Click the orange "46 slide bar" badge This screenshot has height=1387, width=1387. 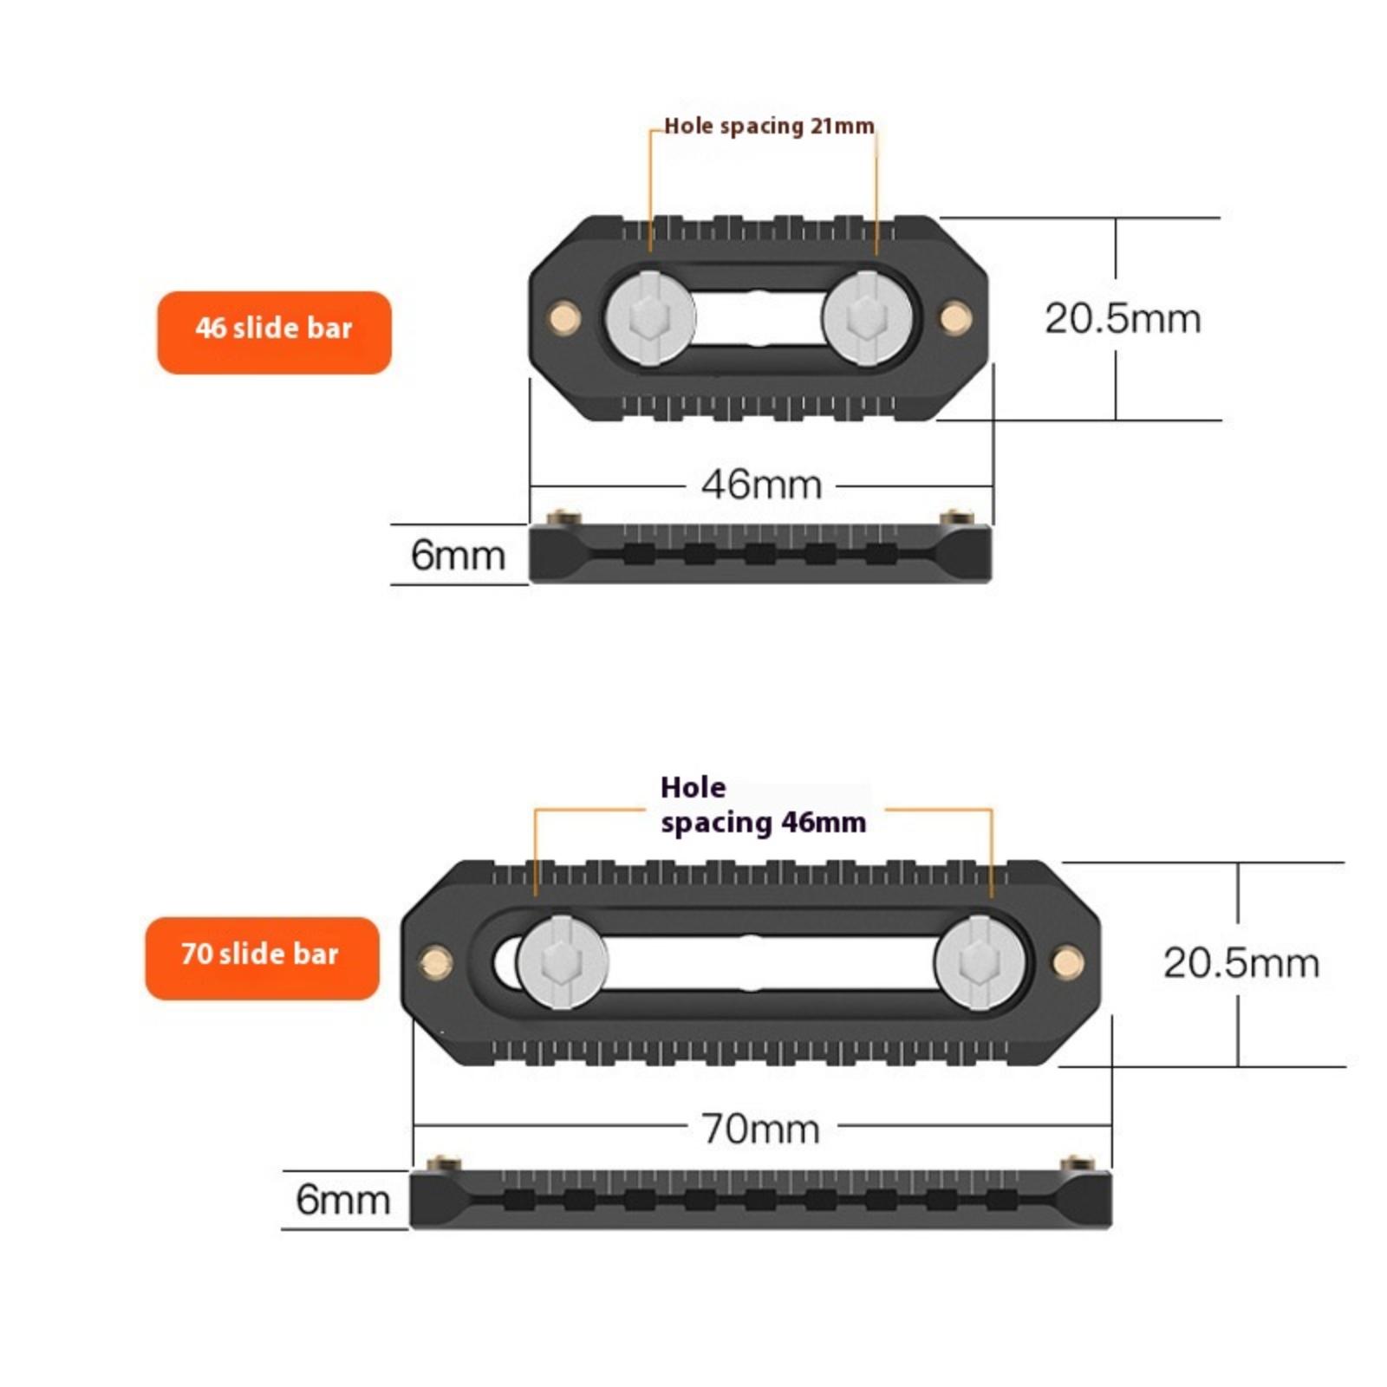[274, 332]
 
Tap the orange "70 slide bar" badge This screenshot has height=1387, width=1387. [262, 958]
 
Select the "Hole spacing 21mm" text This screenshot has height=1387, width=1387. [769, 127]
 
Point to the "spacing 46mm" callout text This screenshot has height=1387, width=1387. [763, 822]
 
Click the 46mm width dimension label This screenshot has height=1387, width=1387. [761, 485]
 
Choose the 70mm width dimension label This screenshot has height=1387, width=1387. [760, 1129]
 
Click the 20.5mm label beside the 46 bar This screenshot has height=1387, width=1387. [1123, 318]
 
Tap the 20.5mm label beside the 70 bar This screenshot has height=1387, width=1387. [1240, 962]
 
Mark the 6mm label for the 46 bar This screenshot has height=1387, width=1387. [458, 555]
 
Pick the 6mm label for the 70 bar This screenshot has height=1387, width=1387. [342, 1200]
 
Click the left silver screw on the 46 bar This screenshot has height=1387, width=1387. [650, 316]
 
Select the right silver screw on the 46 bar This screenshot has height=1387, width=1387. [865, 316]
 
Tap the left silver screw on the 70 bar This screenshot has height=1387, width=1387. [562, 962]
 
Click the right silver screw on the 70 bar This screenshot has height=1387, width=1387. [980, 962]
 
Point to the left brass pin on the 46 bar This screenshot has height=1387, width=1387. [564, 317]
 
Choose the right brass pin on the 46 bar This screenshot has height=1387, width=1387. [955, 317]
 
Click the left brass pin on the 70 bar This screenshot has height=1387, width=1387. [435, 961]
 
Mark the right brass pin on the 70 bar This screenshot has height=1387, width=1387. [1067, 961]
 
